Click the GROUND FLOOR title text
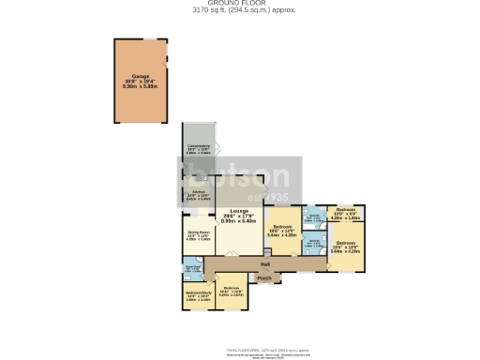(x=240, y=4)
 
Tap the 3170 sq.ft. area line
(x=240, y=11)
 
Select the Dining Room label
(x=198, y=232)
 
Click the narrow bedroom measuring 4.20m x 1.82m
(x=345, y=212)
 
